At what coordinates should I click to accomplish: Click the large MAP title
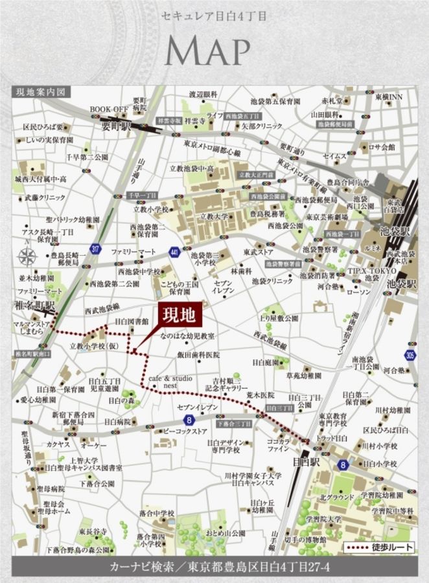click(x=209, y=52)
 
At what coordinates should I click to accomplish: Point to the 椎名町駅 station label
click(x=35, y=304)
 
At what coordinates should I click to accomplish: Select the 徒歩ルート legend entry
click(x=377, y=548)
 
